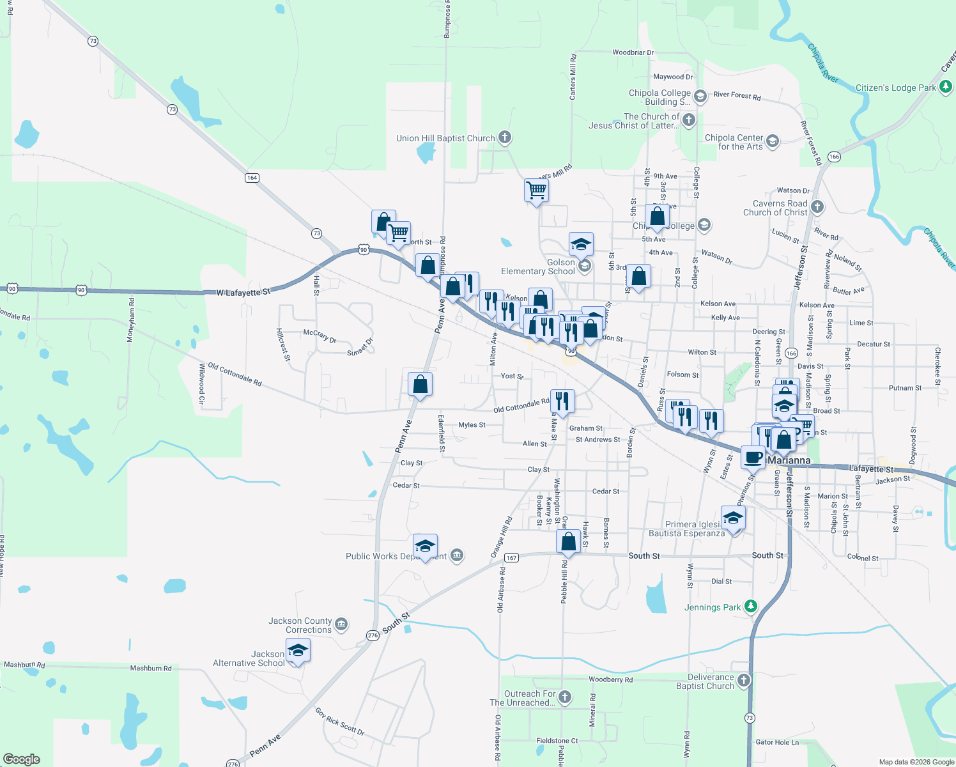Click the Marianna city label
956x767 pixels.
[x=789, y=460]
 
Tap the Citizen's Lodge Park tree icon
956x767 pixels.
[x=946, y=88]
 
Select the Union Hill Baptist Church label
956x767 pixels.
[x=445, y=138]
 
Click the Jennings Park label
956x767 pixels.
[x=713, y=607]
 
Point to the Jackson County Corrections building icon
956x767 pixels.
[x=341, y=624]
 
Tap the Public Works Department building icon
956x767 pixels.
[x=457, y=555]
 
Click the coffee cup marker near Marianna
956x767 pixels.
[x=753, y=457]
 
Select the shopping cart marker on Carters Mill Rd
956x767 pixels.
[x=536, y=190]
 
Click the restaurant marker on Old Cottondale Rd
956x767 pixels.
[x=562, y=401]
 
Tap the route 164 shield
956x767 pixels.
[x=252, y=178]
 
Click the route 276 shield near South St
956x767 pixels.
[x=373, y=635]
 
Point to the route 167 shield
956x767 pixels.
[x=511, y=558]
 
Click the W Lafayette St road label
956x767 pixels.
[x=243, y=292]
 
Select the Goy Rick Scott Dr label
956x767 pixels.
[x=339, y=722]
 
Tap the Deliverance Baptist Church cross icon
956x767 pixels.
[x=744, y=680]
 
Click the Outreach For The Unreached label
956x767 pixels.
[x=522, y=698]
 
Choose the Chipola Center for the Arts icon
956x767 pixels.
[x=773, y=141]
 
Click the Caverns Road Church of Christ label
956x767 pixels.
[x=775, y=208]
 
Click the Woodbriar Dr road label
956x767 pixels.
[x=633, y=52]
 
